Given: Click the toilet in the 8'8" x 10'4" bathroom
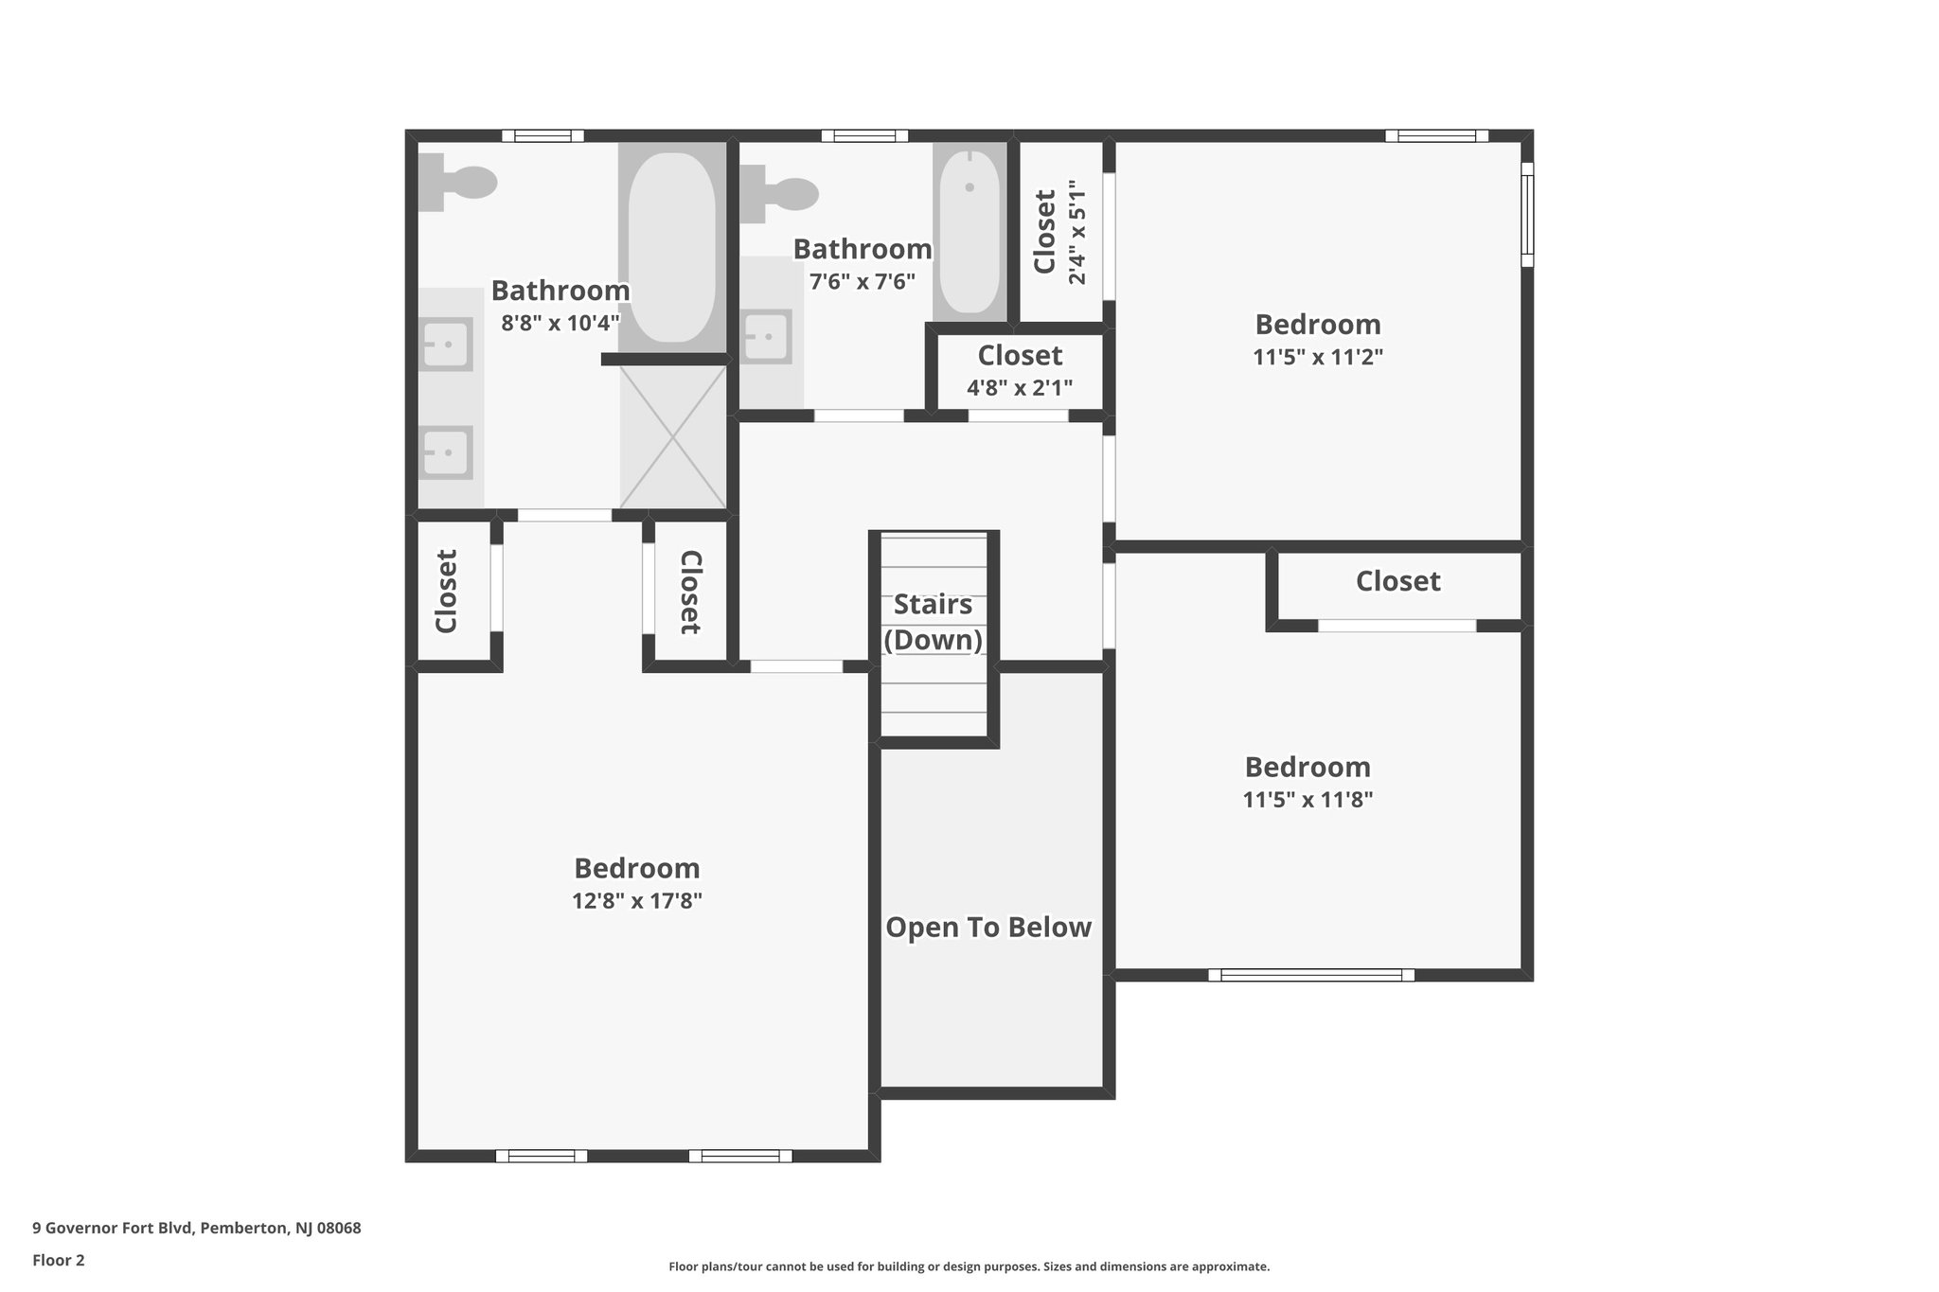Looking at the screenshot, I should [459, 183].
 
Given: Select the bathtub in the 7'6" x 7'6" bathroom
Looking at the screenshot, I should [969, 232].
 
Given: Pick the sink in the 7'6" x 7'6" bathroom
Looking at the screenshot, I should [767, 337].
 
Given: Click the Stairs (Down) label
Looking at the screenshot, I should [933, 622].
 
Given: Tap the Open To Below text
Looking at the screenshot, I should [988, 928].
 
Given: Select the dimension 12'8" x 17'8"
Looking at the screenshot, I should [636, 900].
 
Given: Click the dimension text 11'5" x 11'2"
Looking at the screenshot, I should [1318, 357].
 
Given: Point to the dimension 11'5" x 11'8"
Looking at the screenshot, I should [1307, 799].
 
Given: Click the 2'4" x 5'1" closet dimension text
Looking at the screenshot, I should [1077, 232].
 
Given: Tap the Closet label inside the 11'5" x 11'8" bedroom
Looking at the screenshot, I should [1397, 581].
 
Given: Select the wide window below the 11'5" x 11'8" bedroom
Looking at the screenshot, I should [1311, 975].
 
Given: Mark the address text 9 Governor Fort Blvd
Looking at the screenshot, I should [197, 1229].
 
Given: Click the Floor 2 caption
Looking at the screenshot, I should [59, 1261].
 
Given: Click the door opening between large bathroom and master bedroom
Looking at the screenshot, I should [564, 516].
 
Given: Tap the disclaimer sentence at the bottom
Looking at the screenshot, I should [969, 1266].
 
